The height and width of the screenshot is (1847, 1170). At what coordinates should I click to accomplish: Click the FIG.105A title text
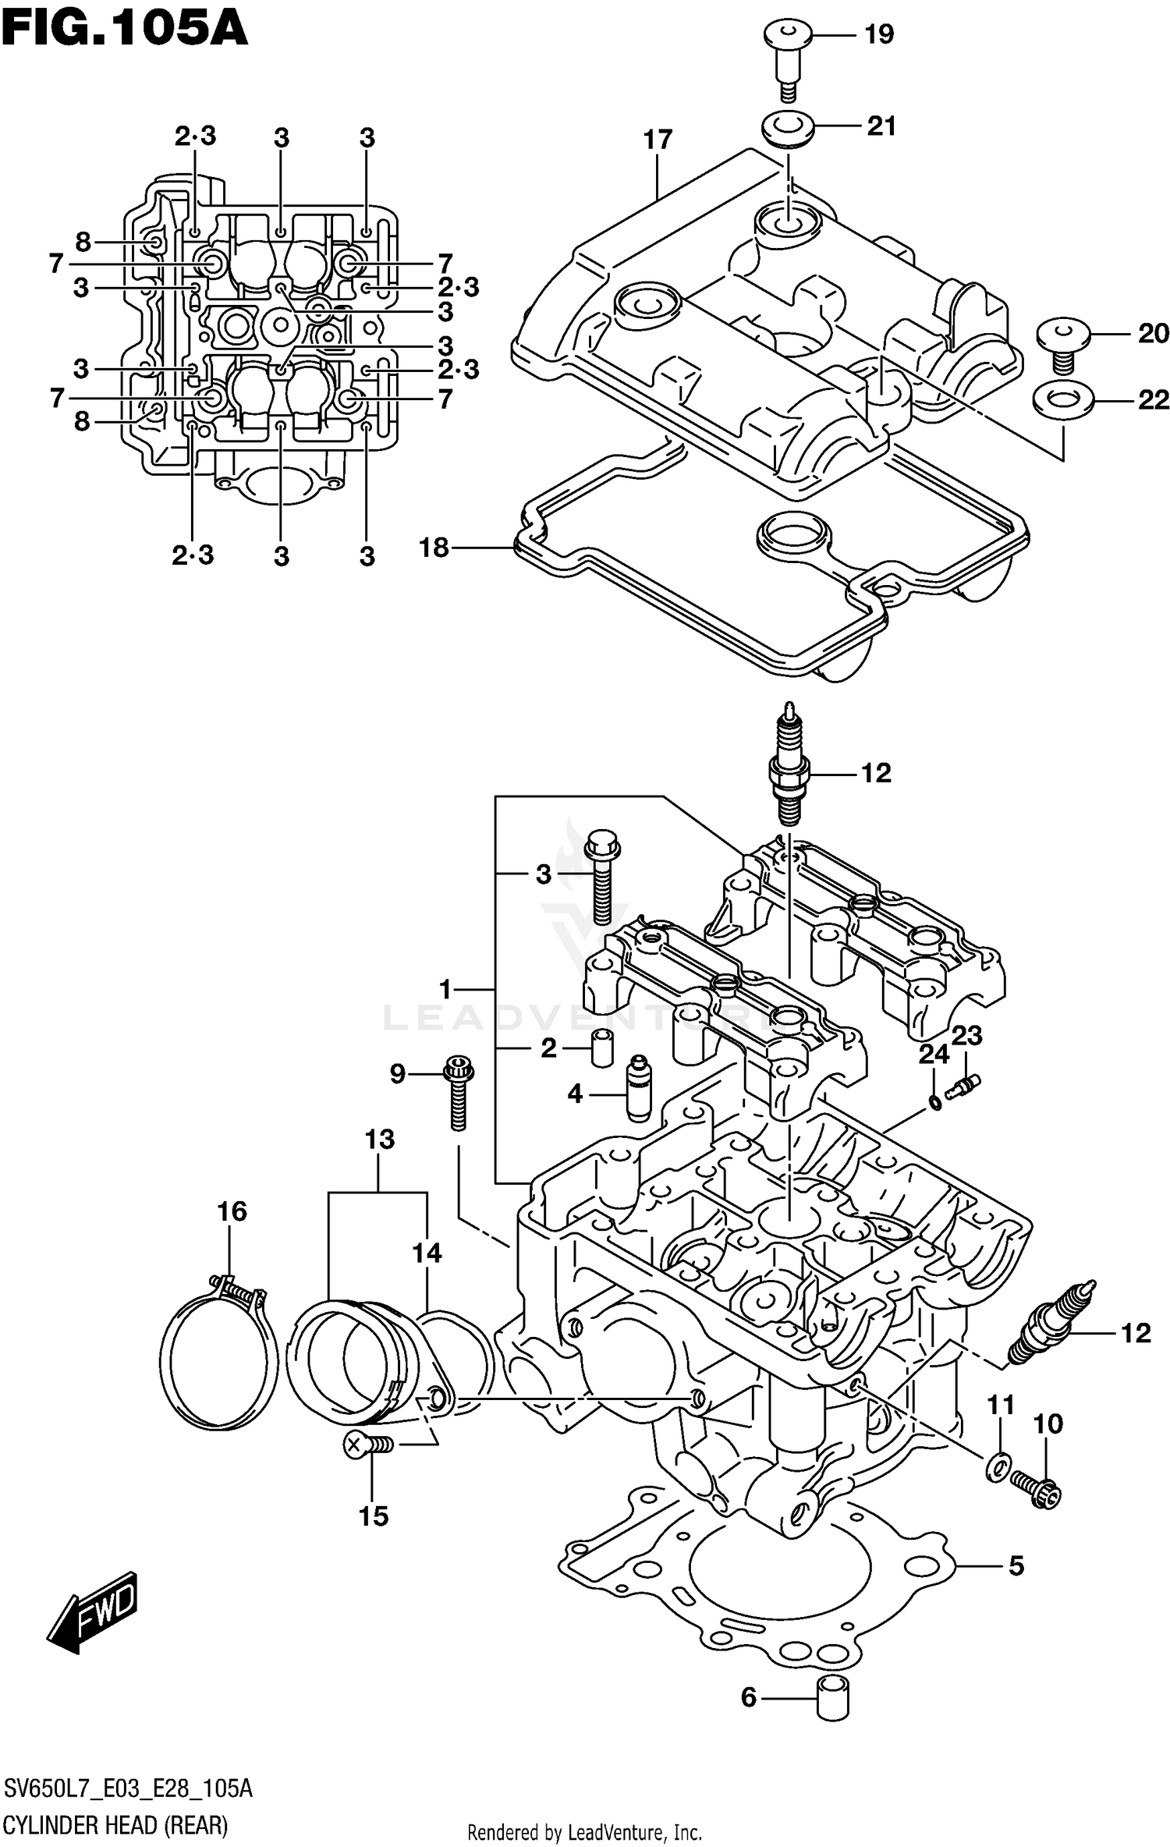tap(125, 31)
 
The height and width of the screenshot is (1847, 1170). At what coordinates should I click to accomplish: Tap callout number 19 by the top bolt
tap(878, 35)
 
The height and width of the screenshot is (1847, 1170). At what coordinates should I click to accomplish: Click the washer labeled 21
tap(788, 129)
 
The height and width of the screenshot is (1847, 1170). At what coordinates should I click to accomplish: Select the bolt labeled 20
tap(1062, 343)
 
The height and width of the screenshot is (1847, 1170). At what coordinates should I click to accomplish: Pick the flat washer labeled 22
tap(1062, 401)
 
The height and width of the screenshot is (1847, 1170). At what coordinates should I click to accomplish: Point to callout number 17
tap(658, 140)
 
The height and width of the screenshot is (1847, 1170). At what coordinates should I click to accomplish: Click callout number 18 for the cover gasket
tap(434, 548)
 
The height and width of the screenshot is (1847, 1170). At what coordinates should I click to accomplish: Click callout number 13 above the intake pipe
tap(380, 1140)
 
